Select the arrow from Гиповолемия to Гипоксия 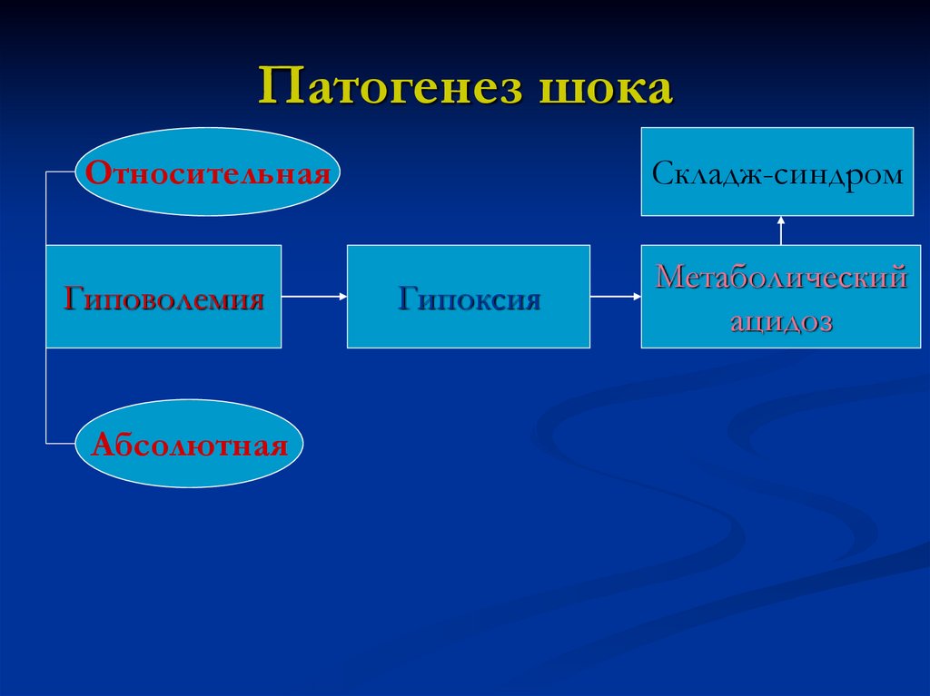[x=313, y=296]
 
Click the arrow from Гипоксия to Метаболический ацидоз [x=615, y=296]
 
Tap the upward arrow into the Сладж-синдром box [x=780, y=230]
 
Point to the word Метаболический [x=781, y=276]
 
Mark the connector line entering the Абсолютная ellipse [x=60, y=443]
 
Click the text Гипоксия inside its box [x=469, y=299]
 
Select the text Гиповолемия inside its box [x=163, y=299]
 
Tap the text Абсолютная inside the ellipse [x=189, y=445]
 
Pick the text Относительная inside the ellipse [x=208, y=172]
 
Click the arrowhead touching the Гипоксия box [x=341, y=296]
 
